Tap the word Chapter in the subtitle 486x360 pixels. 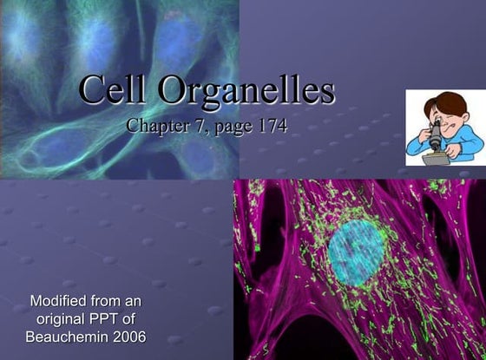point(155,126)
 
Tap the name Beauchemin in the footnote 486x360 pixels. point(67,336)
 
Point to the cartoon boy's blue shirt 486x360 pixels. point(466,141)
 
